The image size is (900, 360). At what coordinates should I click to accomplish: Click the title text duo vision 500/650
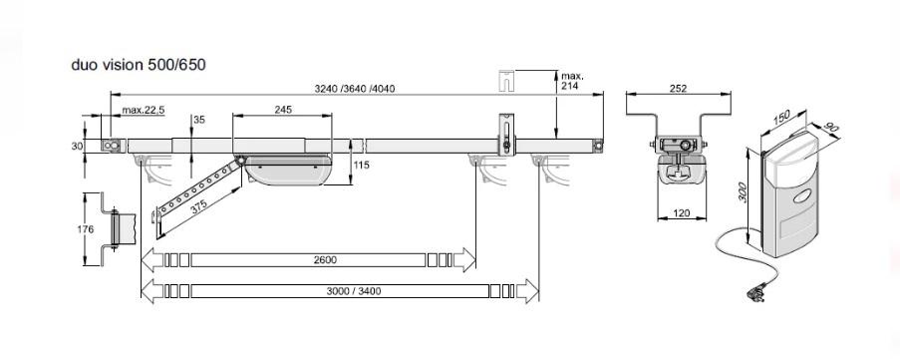tap(139, 65)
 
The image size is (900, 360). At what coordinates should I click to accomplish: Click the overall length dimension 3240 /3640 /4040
tap(355, 89)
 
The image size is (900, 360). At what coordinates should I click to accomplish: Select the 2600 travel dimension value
tap(325, 260)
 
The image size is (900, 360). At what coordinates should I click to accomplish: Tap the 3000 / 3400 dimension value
tap(354, 291)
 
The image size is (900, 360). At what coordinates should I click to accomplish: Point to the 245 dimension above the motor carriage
tap(283, 109)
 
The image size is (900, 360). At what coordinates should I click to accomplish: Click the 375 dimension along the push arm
tap(199, 206)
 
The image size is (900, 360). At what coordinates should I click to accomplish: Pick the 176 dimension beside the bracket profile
tap(86, 229)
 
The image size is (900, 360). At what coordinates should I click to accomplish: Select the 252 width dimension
tap(678, 89)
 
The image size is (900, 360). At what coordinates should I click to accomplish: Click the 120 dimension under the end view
tap(682, 213)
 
